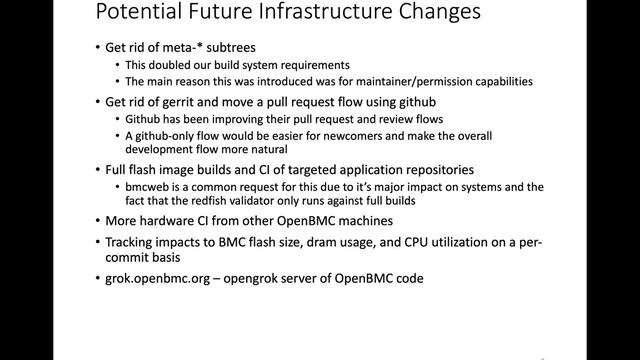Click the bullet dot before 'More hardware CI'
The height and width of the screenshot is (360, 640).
coord(97,220)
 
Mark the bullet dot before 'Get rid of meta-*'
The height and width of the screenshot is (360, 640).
coord(97,48)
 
